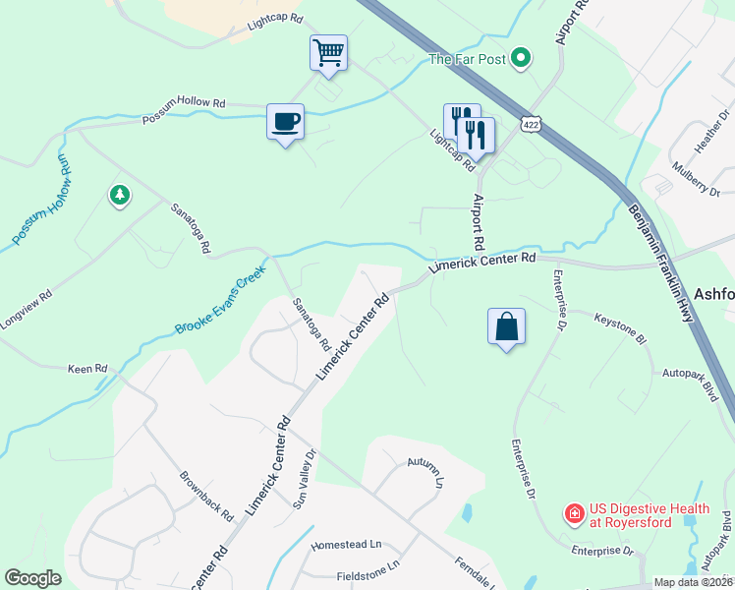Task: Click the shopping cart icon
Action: coord(328,52)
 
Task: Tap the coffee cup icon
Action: coord(285,122)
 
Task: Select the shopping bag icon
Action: coord(506,326)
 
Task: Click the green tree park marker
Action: coord(120,196)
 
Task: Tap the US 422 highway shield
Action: coord(532,123)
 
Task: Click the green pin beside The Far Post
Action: coord(523,59)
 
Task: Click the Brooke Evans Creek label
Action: coord(220,302)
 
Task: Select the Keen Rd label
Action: coord(86,370)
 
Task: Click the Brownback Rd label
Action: coord(206,495)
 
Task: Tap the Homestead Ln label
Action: coord(345,544)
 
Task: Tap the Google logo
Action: coord(33,578)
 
